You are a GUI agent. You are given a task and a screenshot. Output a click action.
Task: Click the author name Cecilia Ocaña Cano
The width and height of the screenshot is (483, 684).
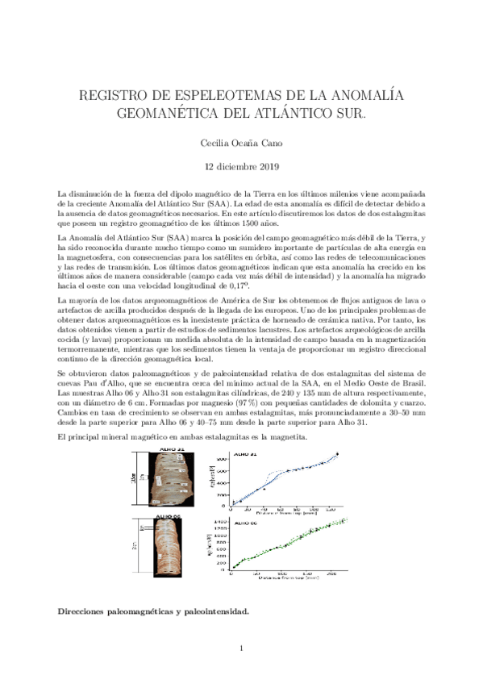[x=241, y=142]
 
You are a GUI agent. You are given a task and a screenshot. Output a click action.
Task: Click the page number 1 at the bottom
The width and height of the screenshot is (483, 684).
[x=241, y=647]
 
